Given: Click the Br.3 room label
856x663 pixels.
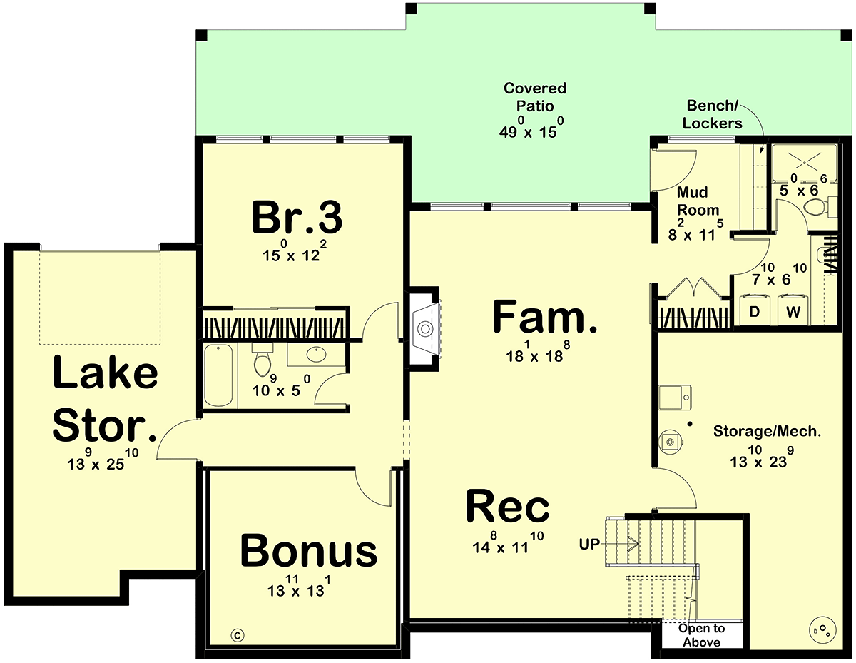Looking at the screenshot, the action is coord(297,217).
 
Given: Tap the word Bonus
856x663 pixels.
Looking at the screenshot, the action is coord(308,550).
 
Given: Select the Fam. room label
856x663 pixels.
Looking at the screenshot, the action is coord(544,316).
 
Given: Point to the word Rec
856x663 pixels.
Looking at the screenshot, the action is coord(507,506).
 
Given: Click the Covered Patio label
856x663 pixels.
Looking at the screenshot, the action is coord(534,97).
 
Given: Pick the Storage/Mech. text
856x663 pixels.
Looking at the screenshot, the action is coord(767,431).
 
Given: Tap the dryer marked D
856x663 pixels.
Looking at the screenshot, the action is coord(754,310).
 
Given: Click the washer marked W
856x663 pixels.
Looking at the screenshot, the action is coord(793,310).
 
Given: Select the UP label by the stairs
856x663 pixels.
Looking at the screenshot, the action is coord(589,544).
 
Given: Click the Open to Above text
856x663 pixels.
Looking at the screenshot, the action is coord(702,635).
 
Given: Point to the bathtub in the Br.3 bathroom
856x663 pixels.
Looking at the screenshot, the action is coord(218,375).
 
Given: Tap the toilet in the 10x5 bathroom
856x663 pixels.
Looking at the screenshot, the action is coord(263,360).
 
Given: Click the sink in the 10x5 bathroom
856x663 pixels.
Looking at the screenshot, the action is coord(316,354).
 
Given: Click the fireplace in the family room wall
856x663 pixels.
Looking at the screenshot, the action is coord(425,328).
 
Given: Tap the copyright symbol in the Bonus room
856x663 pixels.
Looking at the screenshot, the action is coord(237,635).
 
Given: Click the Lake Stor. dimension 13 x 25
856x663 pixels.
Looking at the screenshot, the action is coord(103,460).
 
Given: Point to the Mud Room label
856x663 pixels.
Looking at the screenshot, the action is coord(698,201).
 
